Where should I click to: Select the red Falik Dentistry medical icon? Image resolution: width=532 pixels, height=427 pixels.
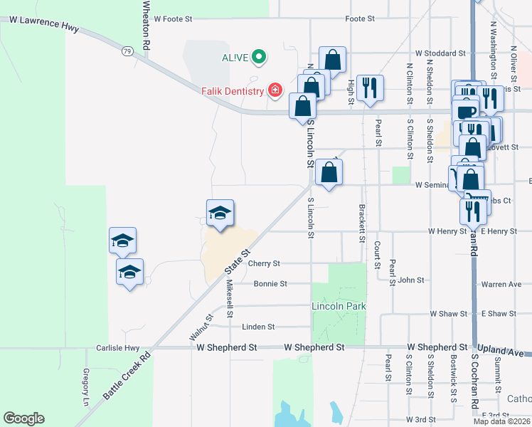tap(275, 90)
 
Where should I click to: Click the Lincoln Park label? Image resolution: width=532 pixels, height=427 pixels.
tap(339, 306)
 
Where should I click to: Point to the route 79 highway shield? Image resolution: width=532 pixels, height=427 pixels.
tap(127, 51)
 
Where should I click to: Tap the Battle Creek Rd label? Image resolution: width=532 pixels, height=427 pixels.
tap(126, 377)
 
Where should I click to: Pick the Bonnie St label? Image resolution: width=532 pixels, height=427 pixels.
tap(270, 283)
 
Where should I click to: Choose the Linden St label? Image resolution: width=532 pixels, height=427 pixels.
tap(258, 327)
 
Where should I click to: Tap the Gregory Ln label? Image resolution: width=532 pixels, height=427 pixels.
tap(85, 383)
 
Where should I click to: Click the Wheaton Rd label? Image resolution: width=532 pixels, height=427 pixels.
tap(146, 24)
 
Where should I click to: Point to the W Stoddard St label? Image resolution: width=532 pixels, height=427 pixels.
tap(440, 53)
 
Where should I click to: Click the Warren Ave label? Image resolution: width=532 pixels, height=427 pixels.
tap(501, 285)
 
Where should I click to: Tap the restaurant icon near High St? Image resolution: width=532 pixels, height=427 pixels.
tap(369, 88)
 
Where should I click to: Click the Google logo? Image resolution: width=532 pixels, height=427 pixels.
tap(23, 418)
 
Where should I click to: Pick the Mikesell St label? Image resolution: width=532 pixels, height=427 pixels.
tap(230, 299)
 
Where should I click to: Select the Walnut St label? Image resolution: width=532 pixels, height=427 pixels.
tap(203, 330)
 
